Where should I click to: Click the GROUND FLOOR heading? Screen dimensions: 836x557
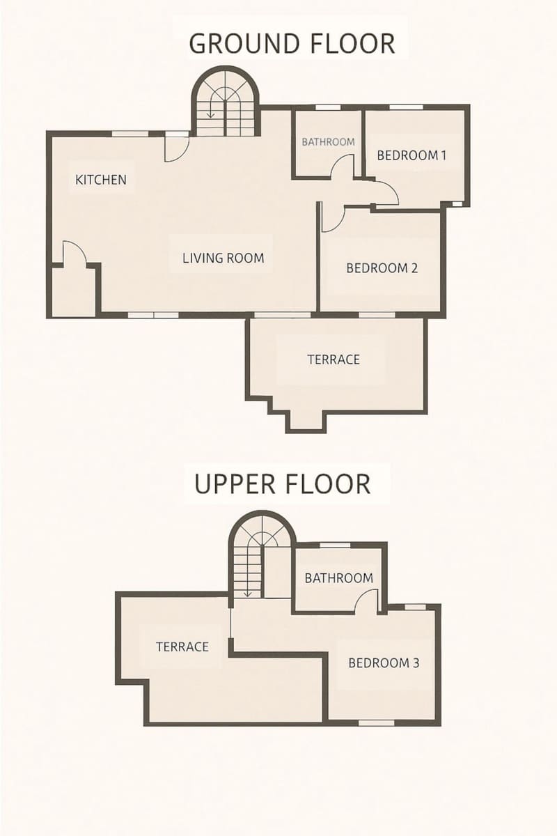(x=292, y=43)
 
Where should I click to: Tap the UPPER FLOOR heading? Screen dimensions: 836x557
(x=282, y=483)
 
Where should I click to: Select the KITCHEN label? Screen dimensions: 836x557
(x=101, y=180)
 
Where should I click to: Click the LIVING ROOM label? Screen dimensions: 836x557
(x=223, y=258)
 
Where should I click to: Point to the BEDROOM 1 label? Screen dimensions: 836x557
(x=411, y=155)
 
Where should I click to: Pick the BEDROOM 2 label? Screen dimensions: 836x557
(x=382, y=268)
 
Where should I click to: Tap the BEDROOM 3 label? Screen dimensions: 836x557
(x=384, y=663)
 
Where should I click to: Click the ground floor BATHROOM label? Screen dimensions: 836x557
(x=328, y=141)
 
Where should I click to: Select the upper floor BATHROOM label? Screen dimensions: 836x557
(x=338, y=578)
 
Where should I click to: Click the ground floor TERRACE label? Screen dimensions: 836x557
(x=334, y=359)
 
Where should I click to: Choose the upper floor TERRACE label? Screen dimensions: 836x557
(x=182, y=647)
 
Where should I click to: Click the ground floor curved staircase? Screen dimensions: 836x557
(x=225, y=104)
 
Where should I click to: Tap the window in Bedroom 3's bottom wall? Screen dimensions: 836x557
(x=377, y=722)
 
